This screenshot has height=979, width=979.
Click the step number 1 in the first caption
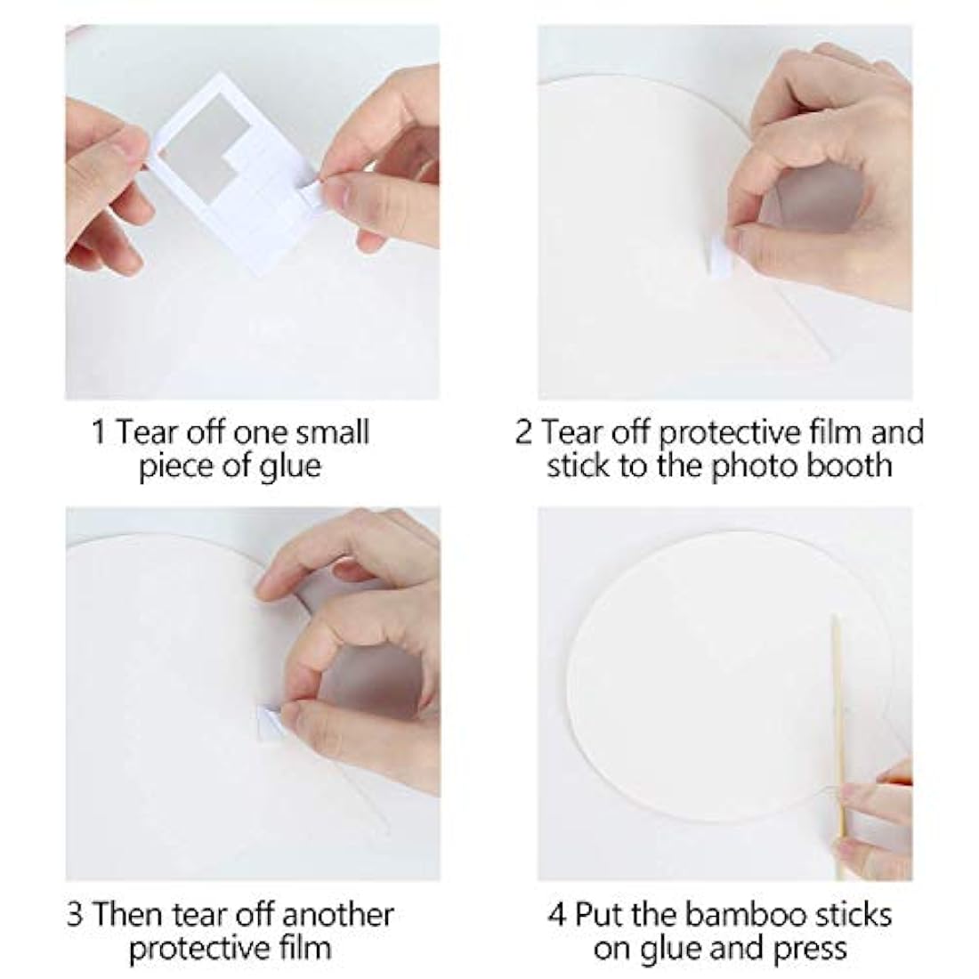click(x=98, y=432)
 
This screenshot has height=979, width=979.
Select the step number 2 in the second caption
click(x=523, y=432)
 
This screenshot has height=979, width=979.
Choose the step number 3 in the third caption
click(x=75, y=915)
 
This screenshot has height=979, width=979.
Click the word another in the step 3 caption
click(x=338, y=915)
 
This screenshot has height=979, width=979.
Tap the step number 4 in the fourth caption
click(x=557, y=915)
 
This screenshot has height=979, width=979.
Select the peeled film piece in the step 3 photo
click(x=270, y=721)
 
